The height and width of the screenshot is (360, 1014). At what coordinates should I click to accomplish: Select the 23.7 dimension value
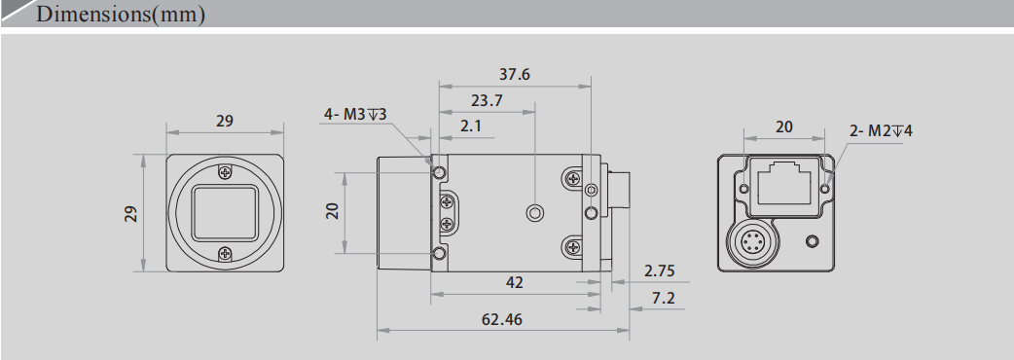487,100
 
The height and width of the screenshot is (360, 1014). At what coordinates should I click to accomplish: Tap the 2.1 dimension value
471,126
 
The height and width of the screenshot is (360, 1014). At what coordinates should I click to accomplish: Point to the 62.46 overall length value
502,317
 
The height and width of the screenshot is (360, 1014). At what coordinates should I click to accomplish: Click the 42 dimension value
515,282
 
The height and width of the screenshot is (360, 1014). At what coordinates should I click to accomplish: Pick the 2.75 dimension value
660,270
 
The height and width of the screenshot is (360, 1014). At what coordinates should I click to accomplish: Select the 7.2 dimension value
663,298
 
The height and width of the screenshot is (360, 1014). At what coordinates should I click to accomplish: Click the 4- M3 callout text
355,115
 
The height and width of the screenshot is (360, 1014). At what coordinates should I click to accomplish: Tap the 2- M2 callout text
881,129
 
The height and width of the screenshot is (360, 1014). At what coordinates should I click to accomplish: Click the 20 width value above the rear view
783,126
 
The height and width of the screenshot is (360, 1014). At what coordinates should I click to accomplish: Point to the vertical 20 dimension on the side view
332,211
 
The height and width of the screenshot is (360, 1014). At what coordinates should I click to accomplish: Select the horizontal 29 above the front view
225,122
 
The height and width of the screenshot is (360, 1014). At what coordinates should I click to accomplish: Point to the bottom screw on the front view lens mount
225,255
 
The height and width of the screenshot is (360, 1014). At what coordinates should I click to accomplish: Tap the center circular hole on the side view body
533,212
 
